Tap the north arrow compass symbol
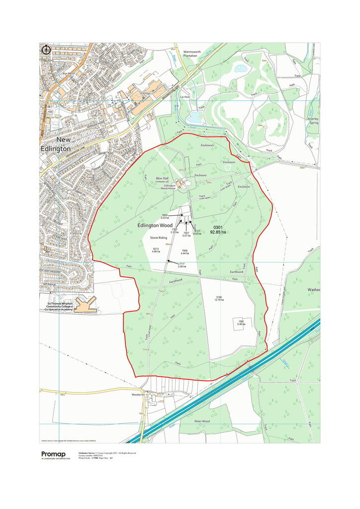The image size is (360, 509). coord(46,49)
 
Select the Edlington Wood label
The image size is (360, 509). coord(155,225)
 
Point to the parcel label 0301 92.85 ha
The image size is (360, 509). coord(218,230)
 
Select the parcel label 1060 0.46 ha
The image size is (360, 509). coord(241,323)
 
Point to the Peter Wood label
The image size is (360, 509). coord(202,421)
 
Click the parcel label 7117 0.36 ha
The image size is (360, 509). coord(182,265)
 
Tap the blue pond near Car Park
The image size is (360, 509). coord(195,116)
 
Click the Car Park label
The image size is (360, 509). coord(185,97)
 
